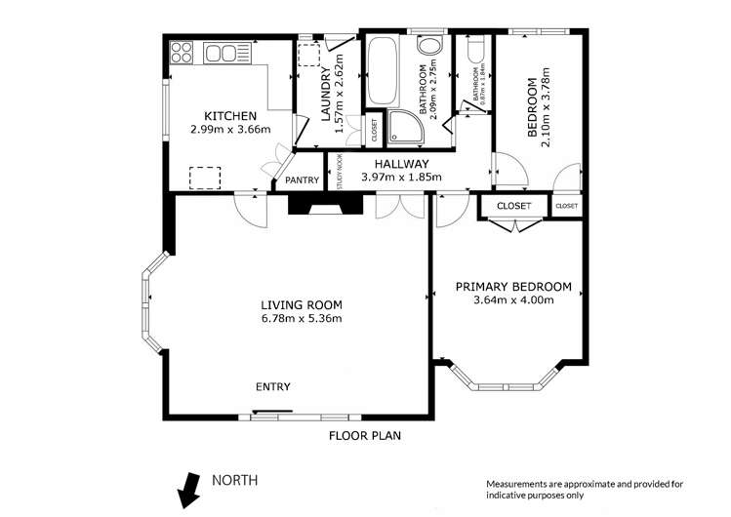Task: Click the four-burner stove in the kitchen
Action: (x=183, y=52)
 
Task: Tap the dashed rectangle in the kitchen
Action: (x=205, y=178)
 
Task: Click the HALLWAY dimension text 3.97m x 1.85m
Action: (x=401, y=178)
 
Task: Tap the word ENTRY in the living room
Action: (x=272, y=387)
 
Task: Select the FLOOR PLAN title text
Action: (x=365, y=436)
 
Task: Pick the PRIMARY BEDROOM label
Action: (x=513, y=287)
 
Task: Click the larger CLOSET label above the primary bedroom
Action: (x=513, y=206)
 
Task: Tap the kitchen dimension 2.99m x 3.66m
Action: (x=229, y=129)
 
